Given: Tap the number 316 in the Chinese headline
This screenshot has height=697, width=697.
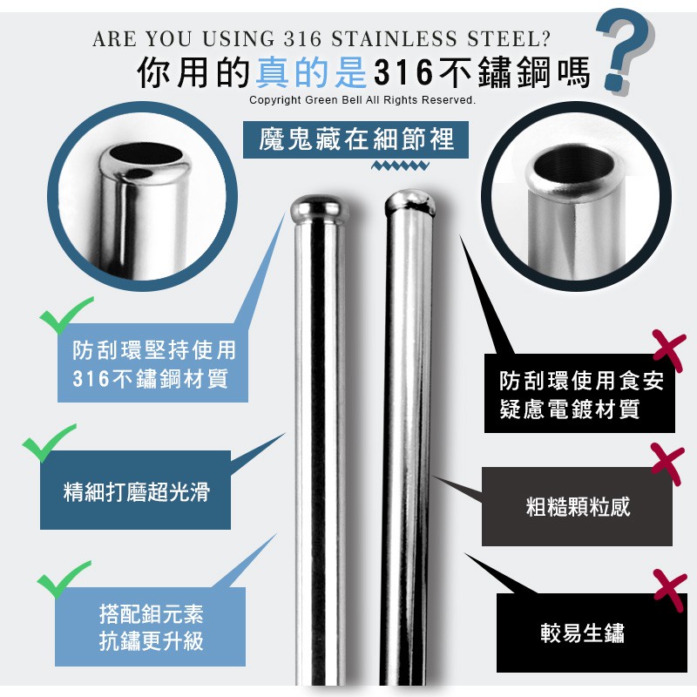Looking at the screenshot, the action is pyautogui.click(x=403, y=72).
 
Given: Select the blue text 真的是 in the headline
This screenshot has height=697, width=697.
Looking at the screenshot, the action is pyautogui.click(x=311, y=72).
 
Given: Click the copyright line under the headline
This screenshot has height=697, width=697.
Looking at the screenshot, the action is pyautogui.click(x=362, y=100).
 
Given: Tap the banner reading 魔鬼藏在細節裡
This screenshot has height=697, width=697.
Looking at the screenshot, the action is pyautogui.click(x=355, y=139).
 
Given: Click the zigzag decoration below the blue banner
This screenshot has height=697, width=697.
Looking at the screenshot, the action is pyautogui.click(x=400, y=166).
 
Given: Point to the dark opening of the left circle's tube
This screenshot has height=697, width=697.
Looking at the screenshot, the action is pyautogui.click(x=145, y=153).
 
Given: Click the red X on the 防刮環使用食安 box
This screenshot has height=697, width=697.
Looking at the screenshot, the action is pyautogui.click(x=669, y=351).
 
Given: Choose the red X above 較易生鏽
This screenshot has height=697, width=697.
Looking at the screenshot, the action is pyautogui.click(x=670, y=591).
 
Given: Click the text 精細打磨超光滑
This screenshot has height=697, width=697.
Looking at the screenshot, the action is pyautogui.click(x=136, y=492).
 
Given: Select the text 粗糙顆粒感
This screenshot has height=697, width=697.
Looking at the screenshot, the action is pyautogui.click(x=578, y=507).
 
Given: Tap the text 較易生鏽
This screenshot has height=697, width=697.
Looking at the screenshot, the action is pyautogui.click(x=582, y=633).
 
